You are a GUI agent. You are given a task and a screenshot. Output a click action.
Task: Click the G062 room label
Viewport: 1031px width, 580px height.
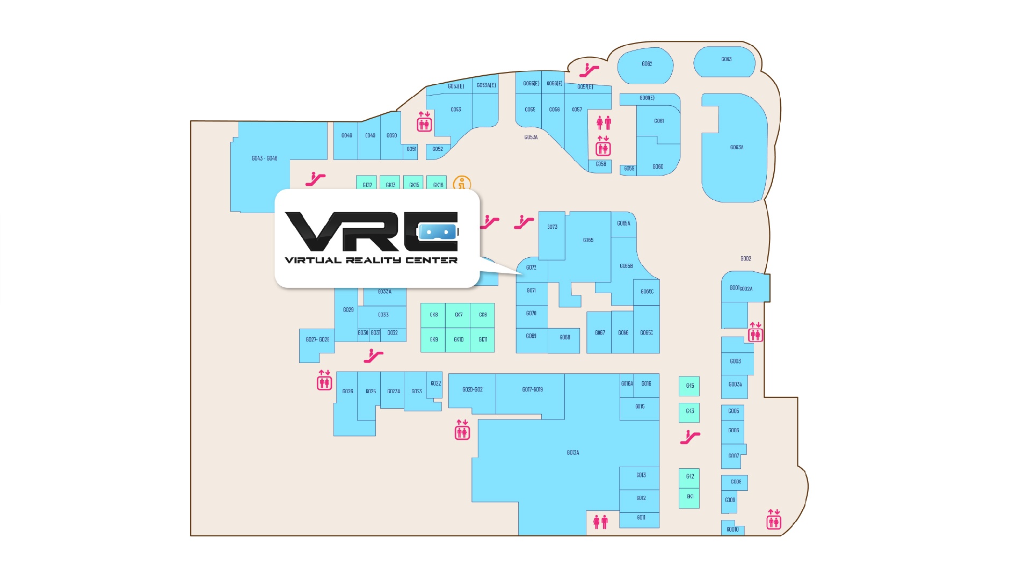(647, 64)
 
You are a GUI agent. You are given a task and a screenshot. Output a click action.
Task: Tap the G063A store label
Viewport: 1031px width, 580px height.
(736, 147)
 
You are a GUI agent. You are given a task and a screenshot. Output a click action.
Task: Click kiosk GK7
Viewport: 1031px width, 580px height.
(458, 315)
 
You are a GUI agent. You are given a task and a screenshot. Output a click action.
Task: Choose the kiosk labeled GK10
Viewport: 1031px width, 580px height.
(458, 339)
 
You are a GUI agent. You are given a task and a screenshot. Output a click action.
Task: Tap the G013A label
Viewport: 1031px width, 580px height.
(572, 453)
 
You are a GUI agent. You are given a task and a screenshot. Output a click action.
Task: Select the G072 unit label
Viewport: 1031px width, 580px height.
(531, 267)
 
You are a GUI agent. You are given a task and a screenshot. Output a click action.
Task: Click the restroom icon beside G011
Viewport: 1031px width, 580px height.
(600, 521)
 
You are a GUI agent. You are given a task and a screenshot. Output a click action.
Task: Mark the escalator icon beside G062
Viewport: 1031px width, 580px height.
(589, 70)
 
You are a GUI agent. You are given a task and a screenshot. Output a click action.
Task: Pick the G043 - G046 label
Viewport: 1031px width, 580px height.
(264, 158)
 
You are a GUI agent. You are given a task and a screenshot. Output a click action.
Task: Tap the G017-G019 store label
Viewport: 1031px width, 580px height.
(532, 389)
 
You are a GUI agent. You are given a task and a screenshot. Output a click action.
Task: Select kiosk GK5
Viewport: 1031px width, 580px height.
(689, 386)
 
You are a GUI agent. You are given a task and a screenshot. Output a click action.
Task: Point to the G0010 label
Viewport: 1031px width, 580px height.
(732, 530)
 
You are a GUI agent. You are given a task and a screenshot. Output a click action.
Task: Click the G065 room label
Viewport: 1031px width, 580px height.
(588, 240)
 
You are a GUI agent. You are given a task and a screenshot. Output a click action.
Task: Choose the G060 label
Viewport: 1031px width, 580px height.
(658, 166)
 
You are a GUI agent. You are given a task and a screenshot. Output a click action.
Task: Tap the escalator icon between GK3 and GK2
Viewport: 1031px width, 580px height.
(689, 437)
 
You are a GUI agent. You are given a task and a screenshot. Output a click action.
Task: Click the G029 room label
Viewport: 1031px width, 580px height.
(348, 310)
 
